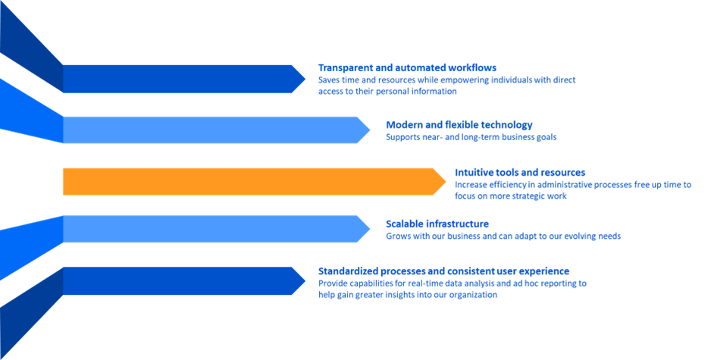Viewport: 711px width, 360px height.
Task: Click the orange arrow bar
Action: point(250,181)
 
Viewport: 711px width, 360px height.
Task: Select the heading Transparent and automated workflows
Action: point(407,67)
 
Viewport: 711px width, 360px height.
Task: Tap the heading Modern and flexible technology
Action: point(459,124)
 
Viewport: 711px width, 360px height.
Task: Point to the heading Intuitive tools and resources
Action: point(519,172)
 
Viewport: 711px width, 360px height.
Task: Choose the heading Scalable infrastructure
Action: point(437,224)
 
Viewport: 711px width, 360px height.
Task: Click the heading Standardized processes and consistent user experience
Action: point(443,271)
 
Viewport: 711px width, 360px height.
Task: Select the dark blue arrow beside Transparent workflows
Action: point(182,79)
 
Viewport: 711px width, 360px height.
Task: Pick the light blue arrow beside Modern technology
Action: point(212,130)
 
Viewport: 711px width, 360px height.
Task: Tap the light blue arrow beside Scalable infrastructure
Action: point(212,229)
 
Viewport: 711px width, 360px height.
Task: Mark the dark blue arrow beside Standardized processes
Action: point(182,280)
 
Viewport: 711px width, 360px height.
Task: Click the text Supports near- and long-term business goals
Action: point(471,137)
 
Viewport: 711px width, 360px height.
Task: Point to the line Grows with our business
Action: point(503,236)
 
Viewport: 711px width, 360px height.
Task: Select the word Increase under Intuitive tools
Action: point(471,184)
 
